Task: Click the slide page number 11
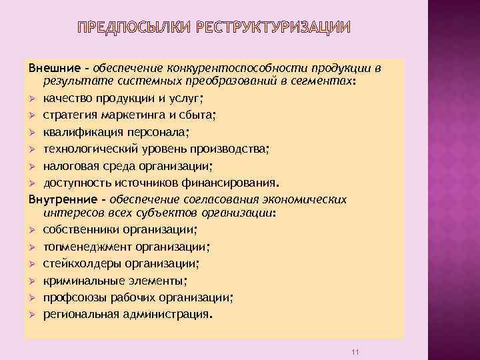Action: (355, 349)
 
